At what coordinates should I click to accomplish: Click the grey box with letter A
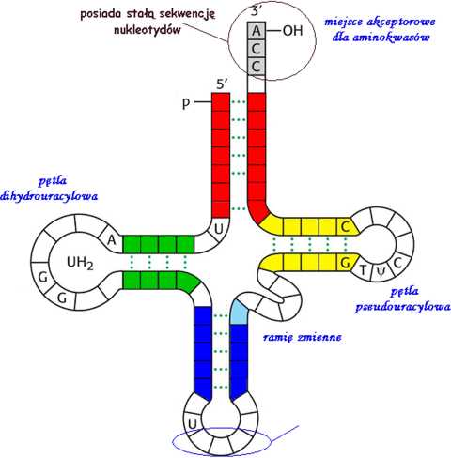(257, 31)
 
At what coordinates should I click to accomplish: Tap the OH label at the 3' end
(293, 31)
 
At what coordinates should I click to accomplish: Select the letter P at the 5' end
(186, 102)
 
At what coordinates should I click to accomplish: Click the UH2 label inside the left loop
(80, 263)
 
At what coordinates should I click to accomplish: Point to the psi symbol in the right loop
(380, 272)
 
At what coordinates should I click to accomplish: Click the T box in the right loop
(364, 269)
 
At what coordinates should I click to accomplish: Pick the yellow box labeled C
(346, 226)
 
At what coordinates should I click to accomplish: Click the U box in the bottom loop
(192, 424)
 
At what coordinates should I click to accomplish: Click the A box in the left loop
(112, 240)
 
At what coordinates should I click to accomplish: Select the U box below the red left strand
(218, 229)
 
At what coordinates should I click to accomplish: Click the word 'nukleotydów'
(148, 31)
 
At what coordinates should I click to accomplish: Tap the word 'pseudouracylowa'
(403, 307)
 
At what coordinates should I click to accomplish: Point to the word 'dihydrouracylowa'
(49, 196)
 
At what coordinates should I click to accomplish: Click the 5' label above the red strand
(222, 84)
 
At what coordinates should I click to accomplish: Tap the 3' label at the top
(257, 11)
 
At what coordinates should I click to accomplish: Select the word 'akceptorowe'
(403, 23)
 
